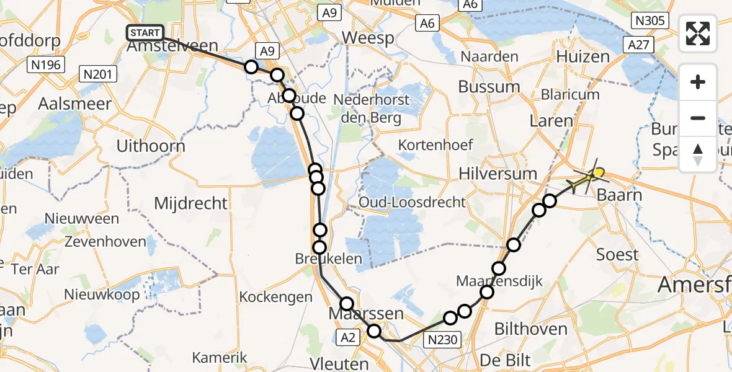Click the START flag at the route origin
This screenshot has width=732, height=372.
tap(145, 33)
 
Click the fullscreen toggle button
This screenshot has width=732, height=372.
tap(698, 33)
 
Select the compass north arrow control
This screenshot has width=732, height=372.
tap(698, 154)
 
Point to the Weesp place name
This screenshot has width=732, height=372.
tap(368, 38)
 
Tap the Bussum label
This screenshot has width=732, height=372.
tap(490, 87)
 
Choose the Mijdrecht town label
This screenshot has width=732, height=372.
tap(190, 203)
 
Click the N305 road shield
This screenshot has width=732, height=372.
tap(650, 21)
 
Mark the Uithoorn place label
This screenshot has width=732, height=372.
tap(151, 147)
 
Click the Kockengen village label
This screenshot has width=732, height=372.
tap(276, 297)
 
